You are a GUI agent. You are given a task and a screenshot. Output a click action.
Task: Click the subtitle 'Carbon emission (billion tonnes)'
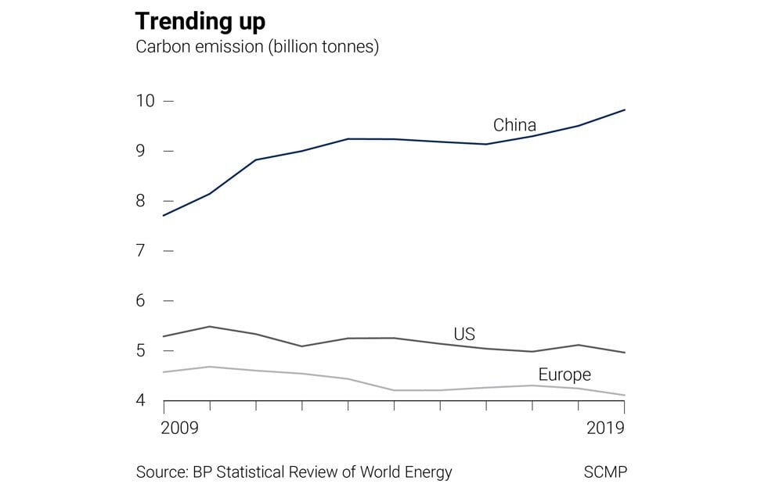coord(258,47)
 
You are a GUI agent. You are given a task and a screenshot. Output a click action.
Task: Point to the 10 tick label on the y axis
coord(145,101)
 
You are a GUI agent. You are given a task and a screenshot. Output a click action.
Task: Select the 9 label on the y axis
coord(140,151)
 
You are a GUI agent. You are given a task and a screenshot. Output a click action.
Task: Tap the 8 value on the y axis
coord(140,201)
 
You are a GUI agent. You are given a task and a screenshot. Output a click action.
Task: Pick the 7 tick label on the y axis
coord(140,251)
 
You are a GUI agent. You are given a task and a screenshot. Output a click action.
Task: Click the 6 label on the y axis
coord(140,301)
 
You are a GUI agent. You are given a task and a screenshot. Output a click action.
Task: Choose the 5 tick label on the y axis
coord(140,351)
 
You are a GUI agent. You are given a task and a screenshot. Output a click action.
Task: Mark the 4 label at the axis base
coord(140,400)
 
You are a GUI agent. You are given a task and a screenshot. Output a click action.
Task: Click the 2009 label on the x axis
coord(179,428)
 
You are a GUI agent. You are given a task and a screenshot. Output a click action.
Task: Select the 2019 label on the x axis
coord(605,428)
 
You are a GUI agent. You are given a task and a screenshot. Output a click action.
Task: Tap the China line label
coord(514,125)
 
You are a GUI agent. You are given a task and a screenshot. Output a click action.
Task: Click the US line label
coord(464,335)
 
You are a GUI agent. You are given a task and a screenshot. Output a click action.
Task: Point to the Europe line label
coord(564,375)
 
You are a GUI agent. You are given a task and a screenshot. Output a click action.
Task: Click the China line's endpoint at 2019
coord(625,110)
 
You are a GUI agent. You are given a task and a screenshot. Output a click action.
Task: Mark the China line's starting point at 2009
coord(164,216)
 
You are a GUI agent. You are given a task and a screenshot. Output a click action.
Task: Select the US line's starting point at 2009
coord(164,336)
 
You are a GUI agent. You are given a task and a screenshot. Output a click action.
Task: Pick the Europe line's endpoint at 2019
coord(625,396)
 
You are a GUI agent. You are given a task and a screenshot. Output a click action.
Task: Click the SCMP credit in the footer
coord(605,472)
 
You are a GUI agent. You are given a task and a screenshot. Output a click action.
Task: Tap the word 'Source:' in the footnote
coord(162,472)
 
